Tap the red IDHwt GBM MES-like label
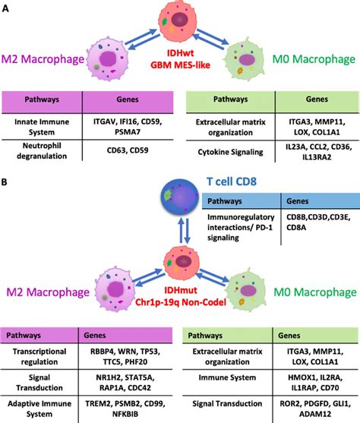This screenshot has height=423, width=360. pyautogui.click(x=180, y=63)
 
